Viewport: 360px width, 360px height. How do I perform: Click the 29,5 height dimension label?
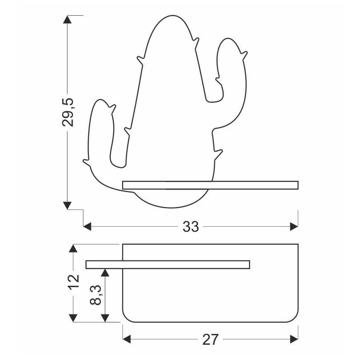pos(68,112)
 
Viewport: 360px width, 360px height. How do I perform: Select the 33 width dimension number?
pos(190,226)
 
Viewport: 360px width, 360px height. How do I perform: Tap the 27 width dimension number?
pos(210,340)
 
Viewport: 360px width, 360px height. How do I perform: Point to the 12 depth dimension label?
pos(74,281)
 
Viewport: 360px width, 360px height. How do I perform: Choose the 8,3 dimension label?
pos(95,295)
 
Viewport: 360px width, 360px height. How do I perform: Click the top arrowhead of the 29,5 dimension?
pos(67,19)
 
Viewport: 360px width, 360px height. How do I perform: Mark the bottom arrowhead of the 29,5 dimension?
pos(67,205)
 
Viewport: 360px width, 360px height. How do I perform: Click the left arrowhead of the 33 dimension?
pos(87,226)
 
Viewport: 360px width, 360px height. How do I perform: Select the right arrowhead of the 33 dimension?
pos(294,226)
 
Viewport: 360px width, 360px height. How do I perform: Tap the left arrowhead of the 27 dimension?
pos(127,339)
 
